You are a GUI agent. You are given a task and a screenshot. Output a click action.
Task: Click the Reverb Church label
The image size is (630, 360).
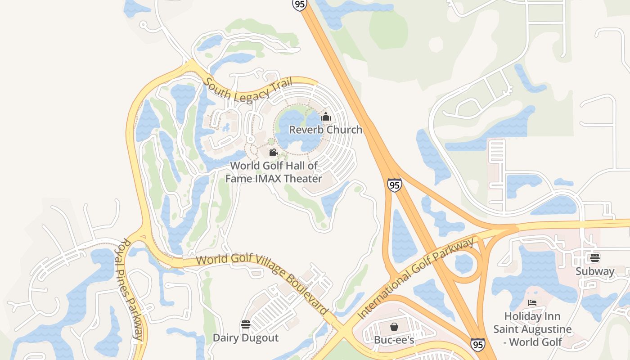(325, 130)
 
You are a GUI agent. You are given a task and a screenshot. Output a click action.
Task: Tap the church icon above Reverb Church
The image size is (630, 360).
(326, 117)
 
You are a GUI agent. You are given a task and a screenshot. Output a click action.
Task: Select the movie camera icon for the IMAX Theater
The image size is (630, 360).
(273, 152)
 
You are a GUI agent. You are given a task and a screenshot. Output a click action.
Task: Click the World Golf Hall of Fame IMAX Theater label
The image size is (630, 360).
(274, 172)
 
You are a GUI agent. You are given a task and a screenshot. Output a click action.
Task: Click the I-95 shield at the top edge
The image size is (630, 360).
(299, 4)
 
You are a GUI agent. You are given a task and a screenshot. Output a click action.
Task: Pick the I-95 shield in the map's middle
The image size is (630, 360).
(394, 185)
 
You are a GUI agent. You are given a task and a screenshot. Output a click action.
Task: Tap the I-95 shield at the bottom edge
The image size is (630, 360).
(478, 345)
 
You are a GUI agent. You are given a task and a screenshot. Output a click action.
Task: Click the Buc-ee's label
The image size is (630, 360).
(394, 340)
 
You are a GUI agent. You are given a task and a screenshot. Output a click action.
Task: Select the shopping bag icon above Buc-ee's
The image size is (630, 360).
(394, 326)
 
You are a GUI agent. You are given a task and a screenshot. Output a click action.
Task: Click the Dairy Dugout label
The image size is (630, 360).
(246, 337)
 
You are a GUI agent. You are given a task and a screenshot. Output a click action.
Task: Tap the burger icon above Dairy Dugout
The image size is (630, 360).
(246, 324)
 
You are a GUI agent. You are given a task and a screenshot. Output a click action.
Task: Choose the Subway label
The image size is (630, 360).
(595, 271)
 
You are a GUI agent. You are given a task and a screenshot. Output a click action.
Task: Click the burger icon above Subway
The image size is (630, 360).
(595, 258)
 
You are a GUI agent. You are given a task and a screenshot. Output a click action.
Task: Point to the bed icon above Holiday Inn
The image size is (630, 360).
(532, 303)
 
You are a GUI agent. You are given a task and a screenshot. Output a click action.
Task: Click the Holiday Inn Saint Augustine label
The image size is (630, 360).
(532, 329)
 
